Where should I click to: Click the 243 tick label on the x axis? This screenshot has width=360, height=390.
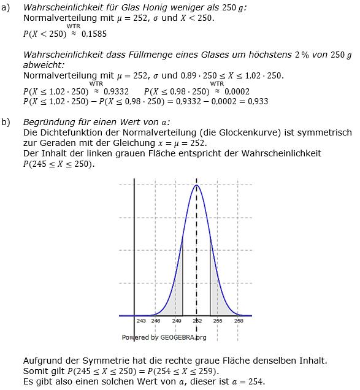click(x=141, y=321)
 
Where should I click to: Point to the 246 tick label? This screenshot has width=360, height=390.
click(x=156, y=321)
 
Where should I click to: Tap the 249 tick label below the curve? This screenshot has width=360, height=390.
click(x=177, y=321)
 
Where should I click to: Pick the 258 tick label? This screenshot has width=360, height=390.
click(x=239, y=321)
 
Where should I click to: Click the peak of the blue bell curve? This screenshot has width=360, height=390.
click(x=196, y=185)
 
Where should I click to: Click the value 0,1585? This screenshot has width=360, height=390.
click(x=94, y=34)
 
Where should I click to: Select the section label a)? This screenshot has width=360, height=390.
click(x=6, y=6)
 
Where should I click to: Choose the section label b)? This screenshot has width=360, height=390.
click(x=6, y=122)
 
